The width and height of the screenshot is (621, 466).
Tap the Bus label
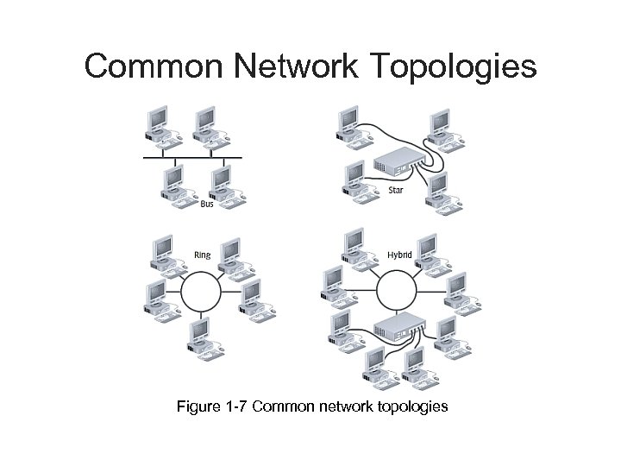point(207,205)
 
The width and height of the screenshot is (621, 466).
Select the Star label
point(396,189)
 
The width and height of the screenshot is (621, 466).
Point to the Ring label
point(202,255)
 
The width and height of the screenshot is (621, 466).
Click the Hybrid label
point(399,255)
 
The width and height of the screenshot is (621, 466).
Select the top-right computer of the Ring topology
point(231,257)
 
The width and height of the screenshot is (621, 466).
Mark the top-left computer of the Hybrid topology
point(354,246)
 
